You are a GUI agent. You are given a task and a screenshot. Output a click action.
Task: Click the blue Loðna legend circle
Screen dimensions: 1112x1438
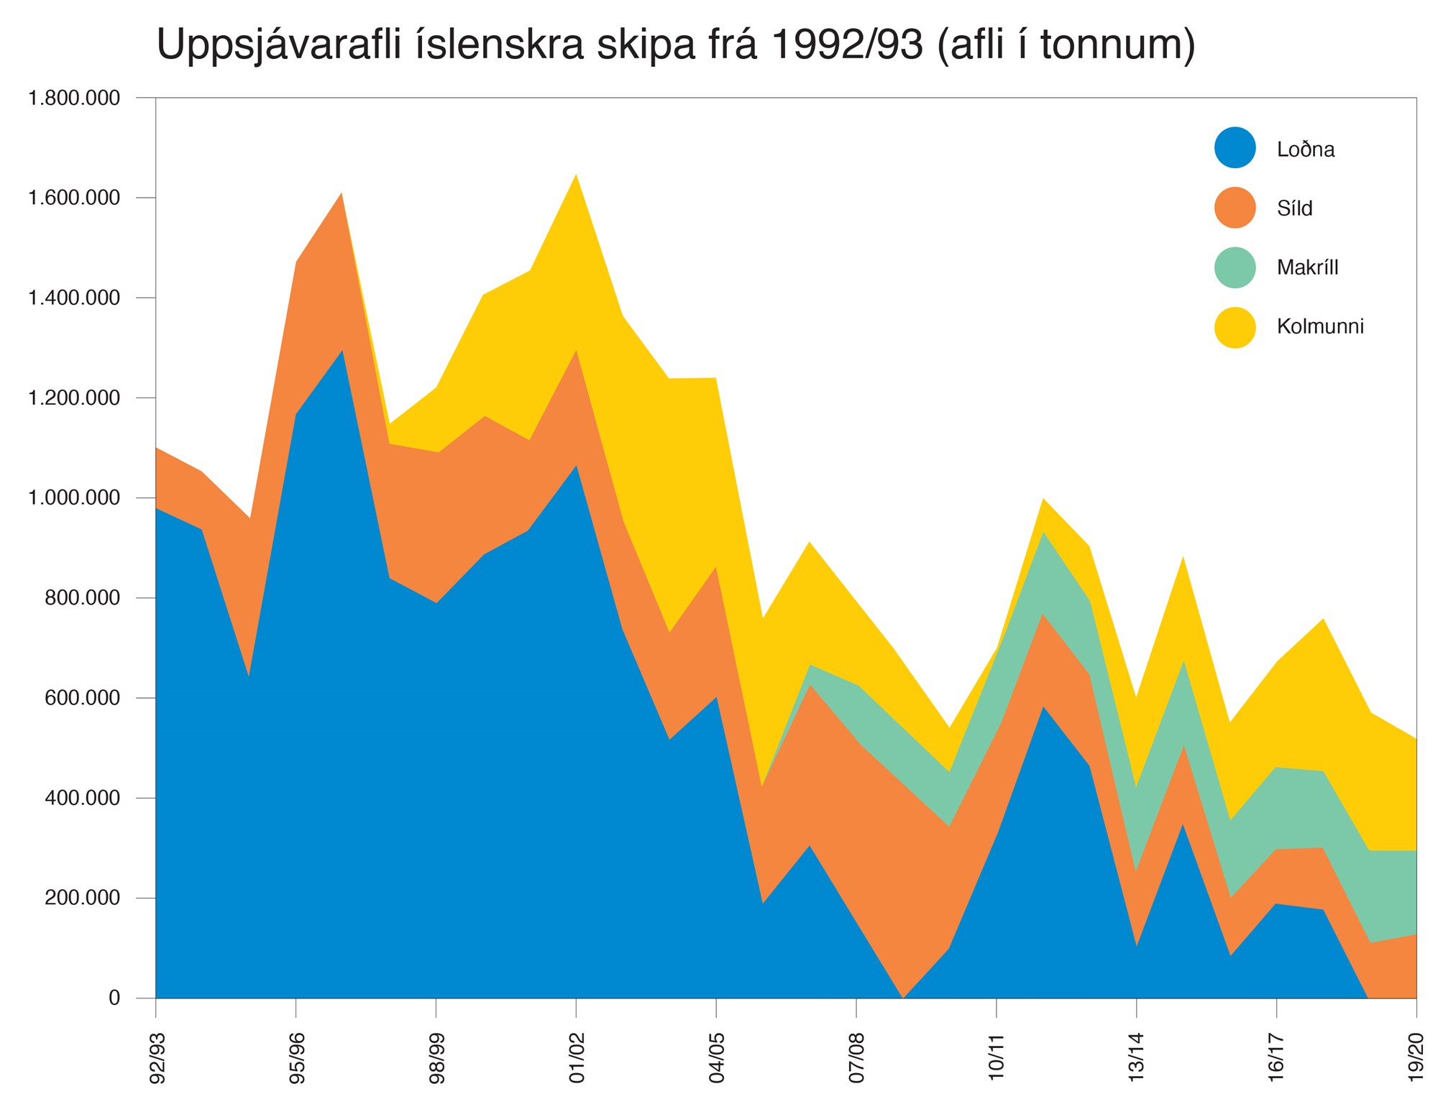(1235, 148)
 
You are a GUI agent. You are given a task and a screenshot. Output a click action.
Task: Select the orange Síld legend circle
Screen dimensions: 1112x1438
(1235, 208)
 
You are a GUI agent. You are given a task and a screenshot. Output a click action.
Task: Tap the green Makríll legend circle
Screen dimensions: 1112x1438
(1235, 267)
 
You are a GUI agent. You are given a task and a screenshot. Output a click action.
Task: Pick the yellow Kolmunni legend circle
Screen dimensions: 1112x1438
(1235, 327)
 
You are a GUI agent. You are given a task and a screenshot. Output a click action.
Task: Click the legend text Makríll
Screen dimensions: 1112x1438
(1307, 267)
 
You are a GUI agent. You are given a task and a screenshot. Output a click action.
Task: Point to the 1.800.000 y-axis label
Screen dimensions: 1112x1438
(74, 98)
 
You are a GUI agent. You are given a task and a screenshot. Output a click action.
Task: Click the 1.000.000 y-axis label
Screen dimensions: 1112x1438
(74, 498)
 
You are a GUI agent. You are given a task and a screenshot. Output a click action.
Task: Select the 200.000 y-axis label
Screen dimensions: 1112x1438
(83, 898)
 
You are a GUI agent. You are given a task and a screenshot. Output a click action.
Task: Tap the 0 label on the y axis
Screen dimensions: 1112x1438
(114, 998)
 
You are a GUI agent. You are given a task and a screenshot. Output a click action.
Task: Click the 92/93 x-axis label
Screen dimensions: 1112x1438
(157, 1057)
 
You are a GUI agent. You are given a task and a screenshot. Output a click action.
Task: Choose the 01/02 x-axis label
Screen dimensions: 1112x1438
(577, 1057)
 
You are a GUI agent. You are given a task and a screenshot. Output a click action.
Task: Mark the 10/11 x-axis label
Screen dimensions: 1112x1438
(996, 1057)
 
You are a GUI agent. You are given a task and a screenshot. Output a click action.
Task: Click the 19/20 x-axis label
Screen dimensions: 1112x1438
(1416, 1057)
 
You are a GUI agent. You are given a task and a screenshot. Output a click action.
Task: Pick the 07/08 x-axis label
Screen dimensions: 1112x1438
(856, 1057)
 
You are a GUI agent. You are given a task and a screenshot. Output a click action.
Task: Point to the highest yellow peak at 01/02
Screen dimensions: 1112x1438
(576, 177)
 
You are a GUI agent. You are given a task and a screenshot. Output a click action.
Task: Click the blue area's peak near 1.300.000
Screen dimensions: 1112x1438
(342, 352)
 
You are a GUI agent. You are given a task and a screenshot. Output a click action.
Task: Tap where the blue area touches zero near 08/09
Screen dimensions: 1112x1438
(903, 996)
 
